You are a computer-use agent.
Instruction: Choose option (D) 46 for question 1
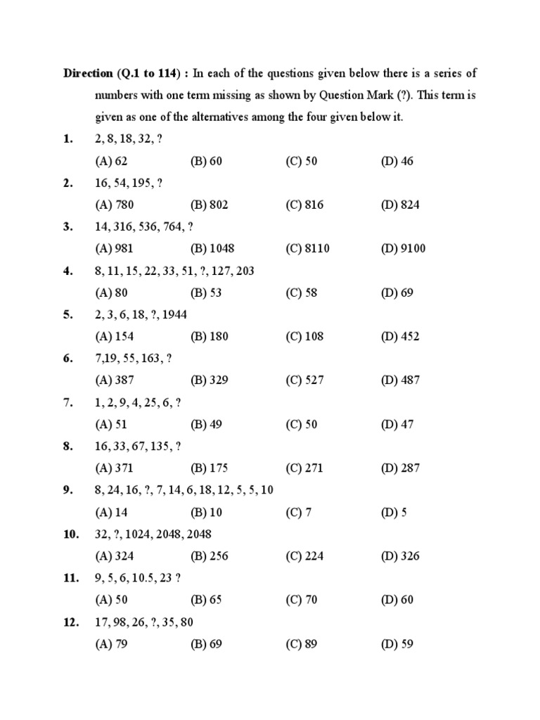tap(397, 161)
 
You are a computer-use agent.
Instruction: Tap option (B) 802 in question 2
tap(210, 205)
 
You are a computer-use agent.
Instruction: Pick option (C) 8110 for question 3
tap(307, 248)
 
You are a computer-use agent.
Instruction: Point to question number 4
tap(67, 271)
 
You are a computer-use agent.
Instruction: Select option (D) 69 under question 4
tap(397, 292)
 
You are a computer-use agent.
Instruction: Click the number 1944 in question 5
tap(174, 314)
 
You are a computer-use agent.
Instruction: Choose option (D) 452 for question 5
tap(400, 336)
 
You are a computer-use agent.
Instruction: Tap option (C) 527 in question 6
tap(304, 380)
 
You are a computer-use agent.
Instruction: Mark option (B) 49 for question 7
tap(207, 424)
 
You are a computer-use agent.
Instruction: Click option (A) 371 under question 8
tap(114, 468)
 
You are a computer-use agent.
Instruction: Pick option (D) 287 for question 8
tap(400, 468)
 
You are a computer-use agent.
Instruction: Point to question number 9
tap(67, 490)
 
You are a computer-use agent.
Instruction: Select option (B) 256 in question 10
tap(210, 555)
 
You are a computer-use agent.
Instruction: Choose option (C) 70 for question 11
tap(302, 600)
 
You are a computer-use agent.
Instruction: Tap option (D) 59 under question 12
tap(397, 643)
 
